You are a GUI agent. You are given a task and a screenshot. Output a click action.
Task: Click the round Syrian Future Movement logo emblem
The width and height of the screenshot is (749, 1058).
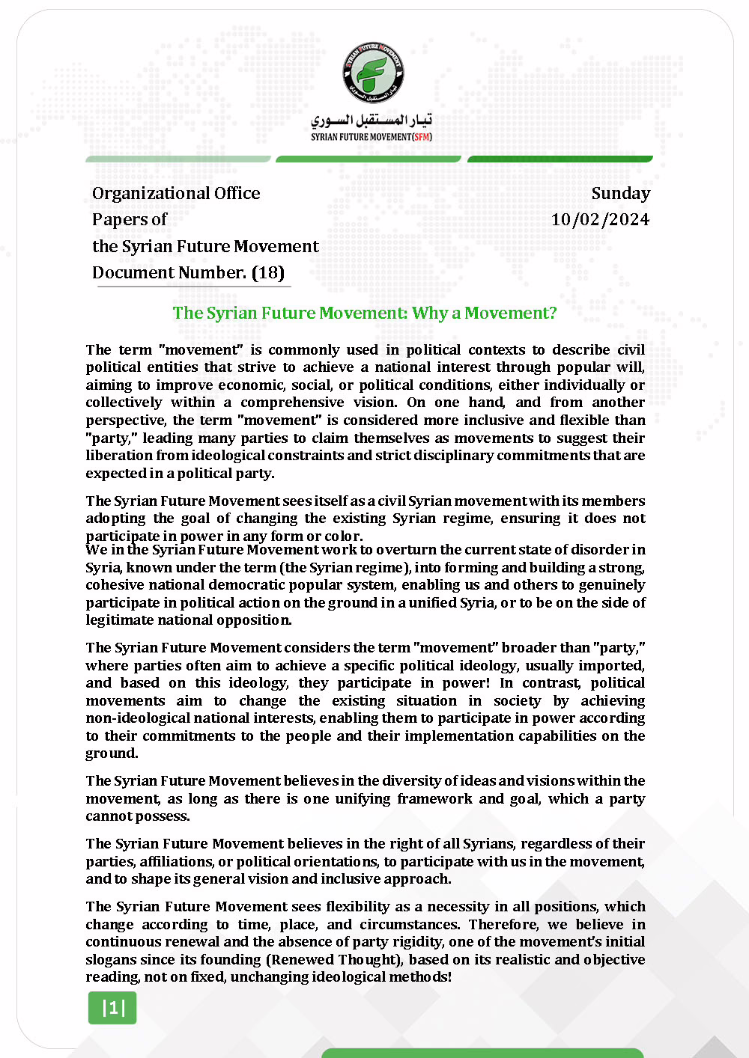coord(373,73)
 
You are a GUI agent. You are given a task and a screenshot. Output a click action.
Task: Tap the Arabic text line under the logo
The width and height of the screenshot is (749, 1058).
coord(372,120)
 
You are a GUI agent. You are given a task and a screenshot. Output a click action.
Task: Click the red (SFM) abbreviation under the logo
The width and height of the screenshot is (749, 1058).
coord(422,137)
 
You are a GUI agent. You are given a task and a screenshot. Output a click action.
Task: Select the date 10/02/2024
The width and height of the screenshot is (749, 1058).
coord(600,219)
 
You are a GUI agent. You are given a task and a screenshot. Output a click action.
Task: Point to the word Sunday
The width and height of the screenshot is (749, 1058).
coord(620,193)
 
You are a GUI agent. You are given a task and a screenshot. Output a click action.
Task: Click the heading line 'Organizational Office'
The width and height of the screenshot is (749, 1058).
coord(176,193)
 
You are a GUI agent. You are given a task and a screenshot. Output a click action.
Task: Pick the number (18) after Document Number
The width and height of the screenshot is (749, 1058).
coord(268,272)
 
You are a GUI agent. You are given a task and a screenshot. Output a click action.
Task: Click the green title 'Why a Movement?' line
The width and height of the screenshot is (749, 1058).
coord(365,313)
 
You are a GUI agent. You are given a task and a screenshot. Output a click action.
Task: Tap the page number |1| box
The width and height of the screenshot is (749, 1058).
coord(112,1008)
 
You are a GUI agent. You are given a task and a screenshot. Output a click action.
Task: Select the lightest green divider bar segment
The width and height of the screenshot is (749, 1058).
coord(178,159)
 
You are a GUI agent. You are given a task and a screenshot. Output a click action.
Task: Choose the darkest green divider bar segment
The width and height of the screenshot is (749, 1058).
coord(560,159)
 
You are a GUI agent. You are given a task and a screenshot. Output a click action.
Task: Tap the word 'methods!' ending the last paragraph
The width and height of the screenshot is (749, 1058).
coord(421,976)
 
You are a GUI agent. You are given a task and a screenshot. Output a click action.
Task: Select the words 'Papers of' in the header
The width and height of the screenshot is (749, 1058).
coord(129,219)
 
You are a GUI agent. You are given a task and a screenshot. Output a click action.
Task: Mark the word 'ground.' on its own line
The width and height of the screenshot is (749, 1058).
coord(112,753)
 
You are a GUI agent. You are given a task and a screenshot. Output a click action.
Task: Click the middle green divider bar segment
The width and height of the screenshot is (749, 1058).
coord(369,159)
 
